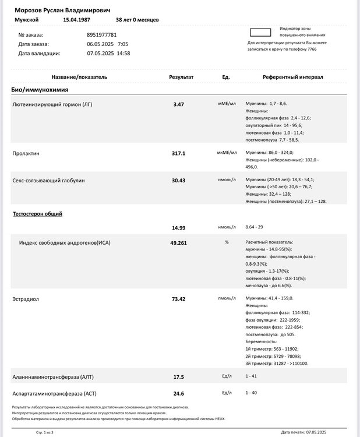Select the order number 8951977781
104,34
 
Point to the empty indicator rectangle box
260,32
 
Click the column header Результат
181,77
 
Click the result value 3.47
179,104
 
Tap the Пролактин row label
26,153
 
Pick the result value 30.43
179,181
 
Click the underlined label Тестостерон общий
38,214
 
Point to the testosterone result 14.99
179,227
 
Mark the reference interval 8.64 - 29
257,227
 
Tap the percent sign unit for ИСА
226,242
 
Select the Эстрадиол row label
26,298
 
